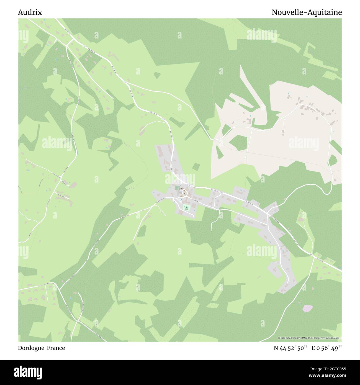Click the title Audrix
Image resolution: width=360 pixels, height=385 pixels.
(30, 12)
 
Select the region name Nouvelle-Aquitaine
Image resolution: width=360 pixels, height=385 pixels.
(307, 12)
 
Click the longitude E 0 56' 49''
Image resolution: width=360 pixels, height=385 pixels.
(326, 348)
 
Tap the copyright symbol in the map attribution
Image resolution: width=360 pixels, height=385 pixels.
(279, 338)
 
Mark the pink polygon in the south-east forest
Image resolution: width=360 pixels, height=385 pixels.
(308, 308)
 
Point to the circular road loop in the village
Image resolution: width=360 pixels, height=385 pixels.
(182, 192)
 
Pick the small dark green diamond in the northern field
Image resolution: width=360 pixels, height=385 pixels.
(157, 75)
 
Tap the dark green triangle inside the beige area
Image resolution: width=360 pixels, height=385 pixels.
(219, 153)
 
